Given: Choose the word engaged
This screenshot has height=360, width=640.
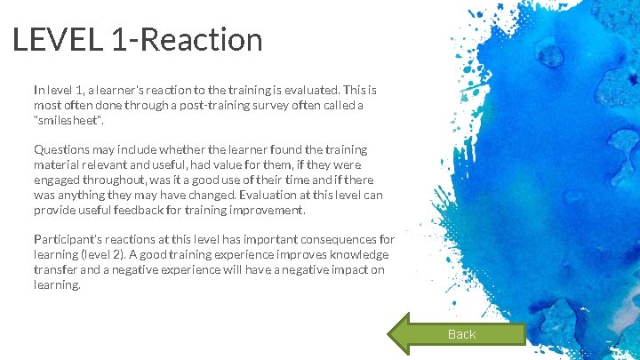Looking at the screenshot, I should click(58, 180).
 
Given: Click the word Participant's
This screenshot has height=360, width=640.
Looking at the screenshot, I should click(69, 240).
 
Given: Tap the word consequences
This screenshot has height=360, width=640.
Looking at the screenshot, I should click(337, 240).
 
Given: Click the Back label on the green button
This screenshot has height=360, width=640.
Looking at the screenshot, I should click(461, 334).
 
